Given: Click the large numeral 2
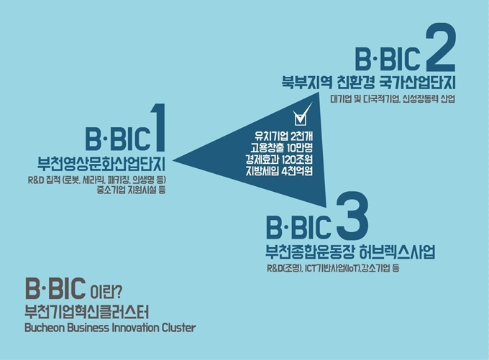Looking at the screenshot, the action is pos(440,47).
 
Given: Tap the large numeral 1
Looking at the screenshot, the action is pos(158,127).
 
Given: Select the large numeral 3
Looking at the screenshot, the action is pos(352,215).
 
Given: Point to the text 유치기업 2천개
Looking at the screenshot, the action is pos(283,137).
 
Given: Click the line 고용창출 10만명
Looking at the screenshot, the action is pos(281,148).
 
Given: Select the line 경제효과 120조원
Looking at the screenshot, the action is pos(279,160).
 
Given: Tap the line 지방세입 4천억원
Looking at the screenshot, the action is pos(279,171).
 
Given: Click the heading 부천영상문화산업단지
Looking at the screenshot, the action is pos(101,164).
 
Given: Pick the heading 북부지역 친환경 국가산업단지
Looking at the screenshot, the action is pos(368,82).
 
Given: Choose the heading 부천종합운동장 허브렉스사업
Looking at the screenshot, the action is pos(350,251).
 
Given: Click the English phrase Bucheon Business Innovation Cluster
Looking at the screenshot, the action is pos(110,328).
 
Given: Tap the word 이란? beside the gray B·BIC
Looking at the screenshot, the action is pos(106,292).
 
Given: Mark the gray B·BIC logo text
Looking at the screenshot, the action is pos(55,287).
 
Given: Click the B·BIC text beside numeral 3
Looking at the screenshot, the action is pos(298,226).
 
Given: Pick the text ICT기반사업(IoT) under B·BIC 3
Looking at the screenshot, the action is pos(332,268).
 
